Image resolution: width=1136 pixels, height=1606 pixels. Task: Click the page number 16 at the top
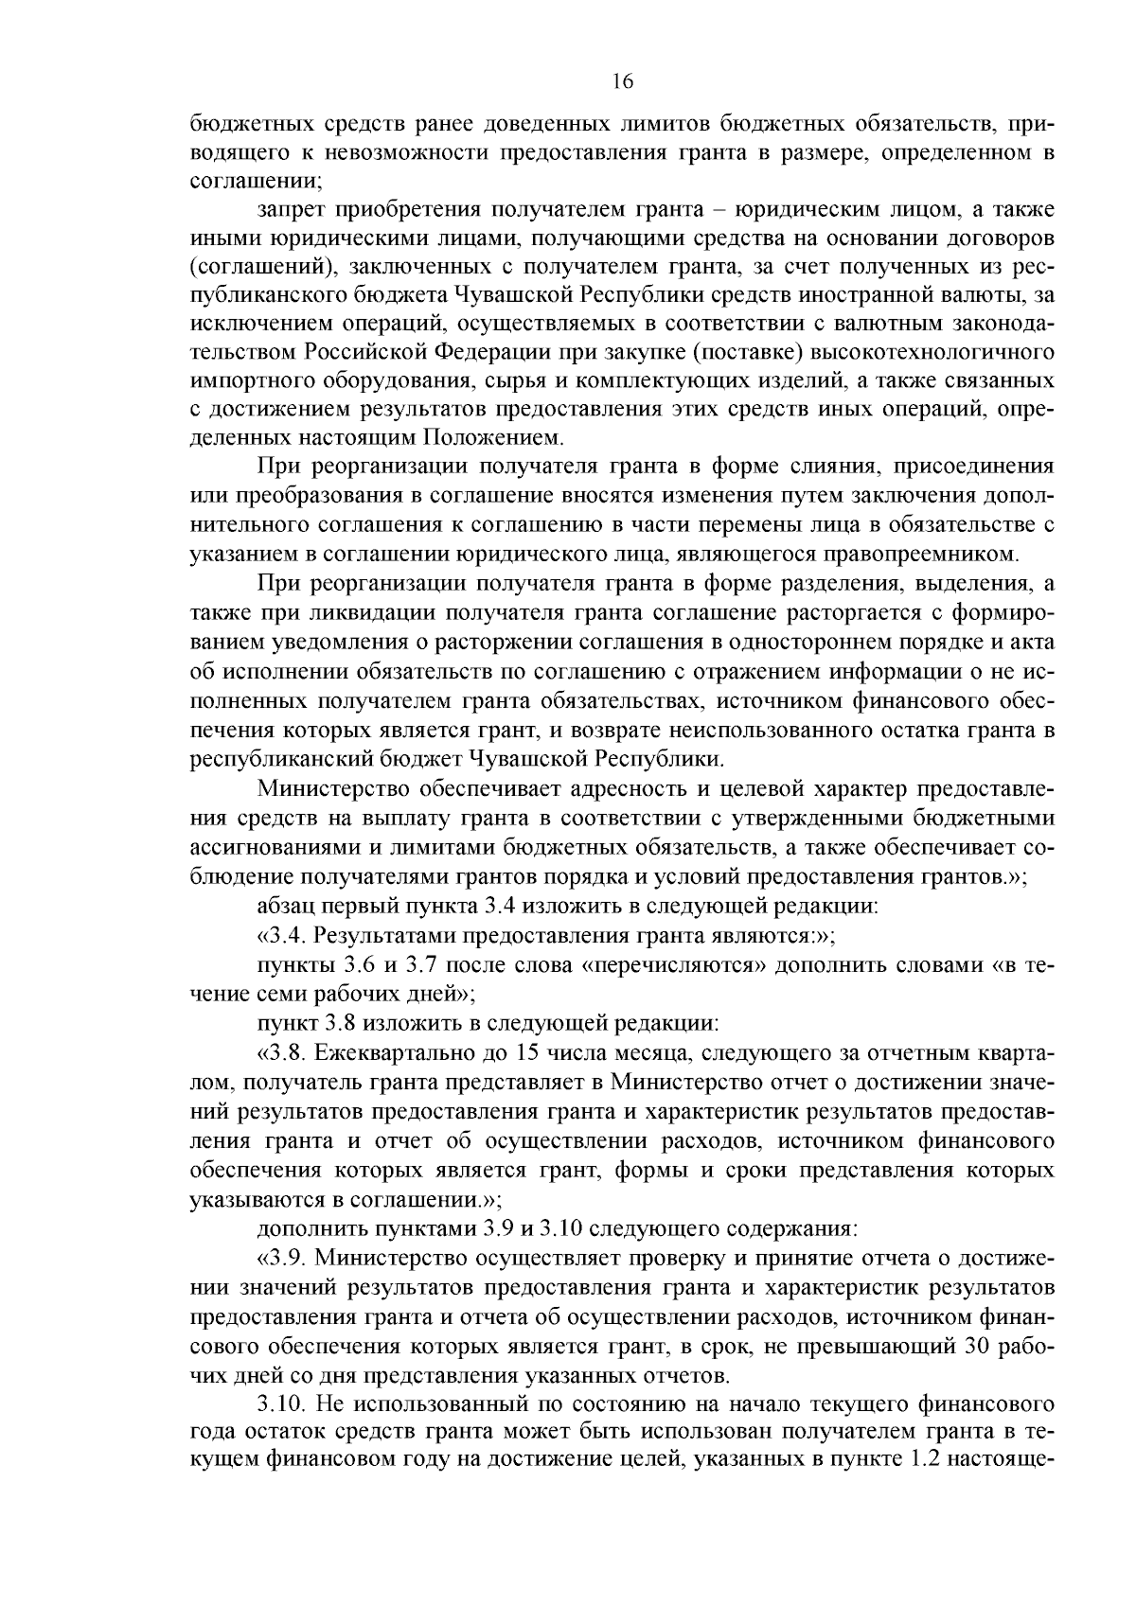[x=622, y=81]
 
